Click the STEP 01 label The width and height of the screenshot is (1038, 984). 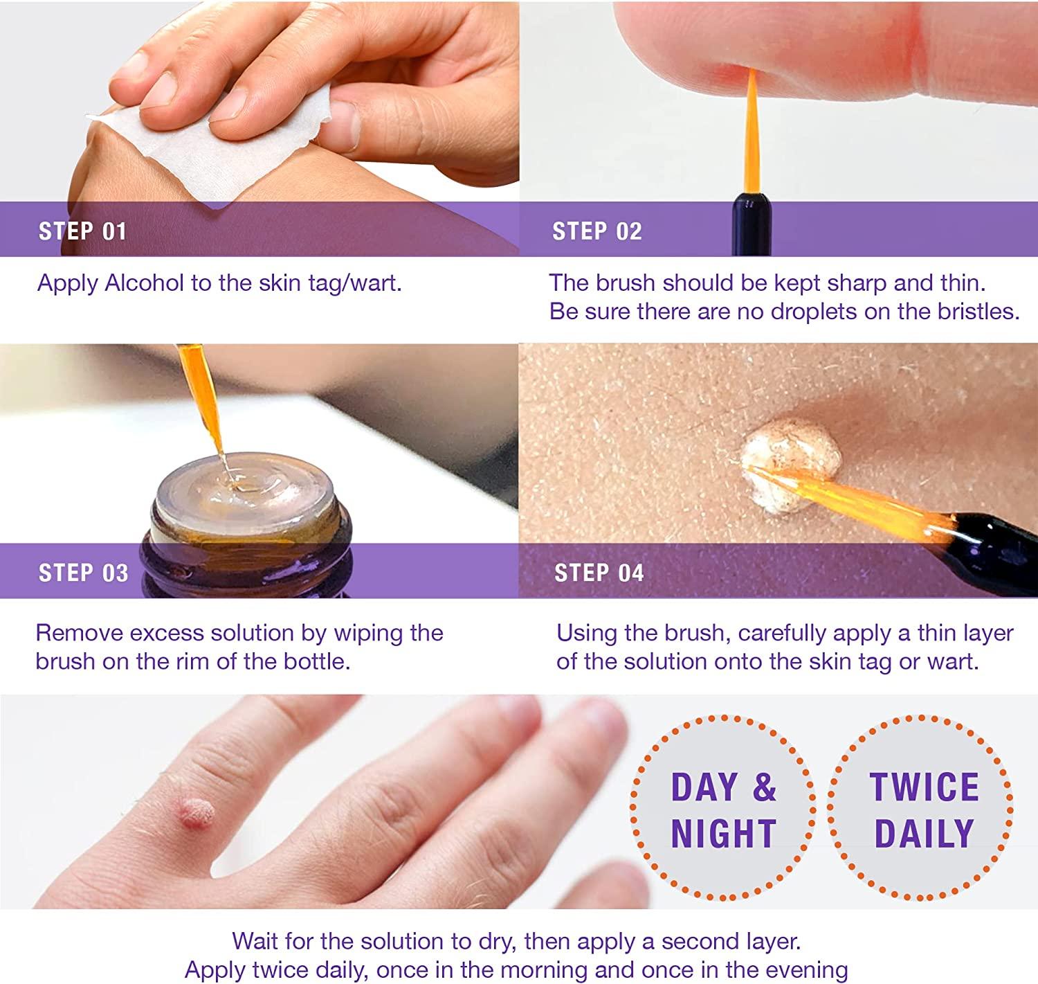82,231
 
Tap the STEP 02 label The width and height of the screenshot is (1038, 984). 597,231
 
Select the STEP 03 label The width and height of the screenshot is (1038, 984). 83,573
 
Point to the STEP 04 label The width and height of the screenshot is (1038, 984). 599,573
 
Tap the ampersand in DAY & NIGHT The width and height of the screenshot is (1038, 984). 763,787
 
